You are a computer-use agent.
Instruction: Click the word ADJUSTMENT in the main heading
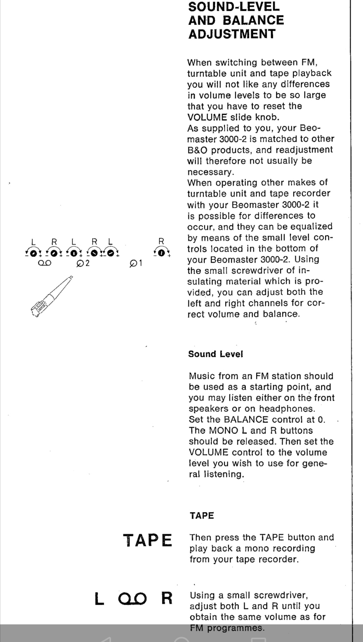(x=232, y=34)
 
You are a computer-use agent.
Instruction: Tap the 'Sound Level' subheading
(x=215, y=354)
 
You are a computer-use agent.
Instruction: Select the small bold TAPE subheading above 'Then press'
(x=202, y=515)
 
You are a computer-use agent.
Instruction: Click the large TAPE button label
(x=148, y=541)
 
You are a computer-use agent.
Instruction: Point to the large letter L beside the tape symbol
(x=99, y=599)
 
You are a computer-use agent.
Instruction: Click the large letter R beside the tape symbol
(x=167, y=598)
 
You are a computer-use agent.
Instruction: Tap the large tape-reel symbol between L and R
(x=132, y=599)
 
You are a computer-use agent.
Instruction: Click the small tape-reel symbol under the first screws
(x=44, y=263)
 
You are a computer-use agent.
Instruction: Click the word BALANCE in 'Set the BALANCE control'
(x=246, y=419)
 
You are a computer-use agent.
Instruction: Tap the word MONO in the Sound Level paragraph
(x=222, y=431)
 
